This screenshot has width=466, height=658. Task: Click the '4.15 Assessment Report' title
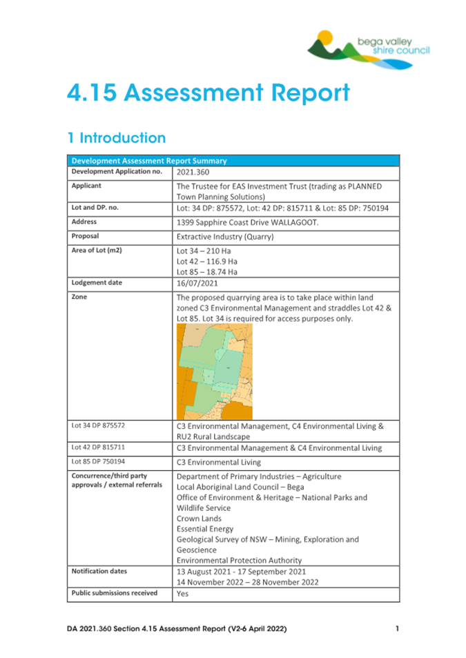point(208,93)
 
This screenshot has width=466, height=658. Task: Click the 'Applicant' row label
point(88,186)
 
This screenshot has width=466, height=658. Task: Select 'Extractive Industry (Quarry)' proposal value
point(225,237)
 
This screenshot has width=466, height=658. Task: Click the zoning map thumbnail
point(214,371)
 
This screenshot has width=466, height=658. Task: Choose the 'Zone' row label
point(80,297)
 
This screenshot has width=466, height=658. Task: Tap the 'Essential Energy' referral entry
point(205,529)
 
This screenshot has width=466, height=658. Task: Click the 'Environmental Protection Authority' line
point(239,561)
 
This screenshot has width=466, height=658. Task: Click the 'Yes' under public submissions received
point(183,594)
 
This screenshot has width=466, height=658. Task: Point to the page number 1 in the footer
point(398,629)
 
